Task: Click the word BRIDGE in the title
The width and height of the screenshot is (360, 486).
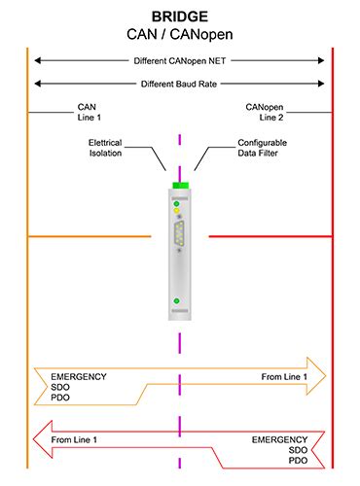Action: (179, 17)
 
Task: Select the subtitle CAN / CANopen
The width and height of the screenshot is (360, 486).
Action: (179, 34)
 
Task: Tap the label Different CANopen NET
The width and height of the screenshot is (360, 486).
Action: (179, 60)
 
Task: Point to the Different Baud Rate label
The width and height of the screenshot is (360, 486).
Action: (179, 84)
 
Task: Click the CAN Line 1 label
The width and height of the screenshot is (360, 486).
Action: (89, 111)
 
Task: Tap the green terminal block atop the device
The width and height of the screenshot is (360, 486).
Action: (179, 187)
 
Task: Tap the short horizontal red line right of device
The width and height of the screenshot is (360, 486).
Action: (270, 235)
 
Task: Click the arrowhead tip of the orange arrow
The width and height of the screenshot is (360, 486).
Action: (326, 375)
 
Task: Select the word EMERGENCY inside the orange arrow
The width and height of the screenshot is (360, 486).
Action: (80, 376)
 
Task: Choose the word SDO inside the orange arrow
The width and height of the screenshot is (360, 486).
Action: (61, 388)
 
